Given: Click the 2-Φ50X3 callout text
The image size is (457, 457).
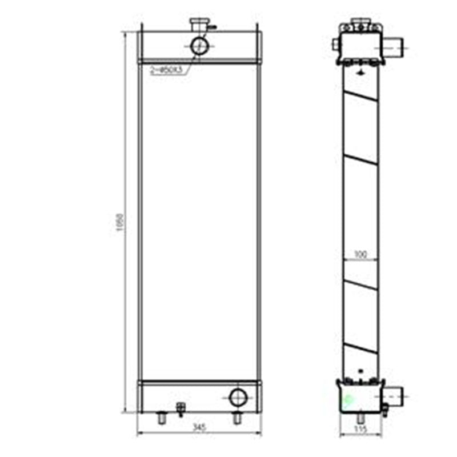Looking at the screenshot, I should (x=166, y=70).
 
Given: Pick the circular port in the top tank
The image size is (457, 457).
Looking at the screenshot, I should (x=199, y=45).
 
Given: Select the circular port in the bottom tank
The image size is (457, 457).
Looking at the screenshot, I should (x=237, y=396).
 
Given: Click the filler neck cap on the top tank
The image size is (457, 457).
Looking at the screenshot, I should (x=198, y=25).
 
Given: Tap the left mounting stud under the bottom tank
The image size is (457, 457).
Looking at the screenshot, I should (x=162, y=419).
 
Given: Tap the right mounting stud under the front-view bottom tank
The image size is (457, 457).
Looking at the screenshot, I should (x=236, y=418).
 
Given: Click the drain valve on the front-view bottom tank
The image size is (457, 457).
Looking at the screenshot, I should (x=182, y=408).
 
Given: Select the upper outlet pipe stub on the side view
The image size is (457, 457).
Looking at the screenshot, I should (x=394, y=44).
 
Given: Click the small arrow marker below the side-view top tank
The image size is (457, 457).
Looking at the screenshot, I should (x=360, y=72).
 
